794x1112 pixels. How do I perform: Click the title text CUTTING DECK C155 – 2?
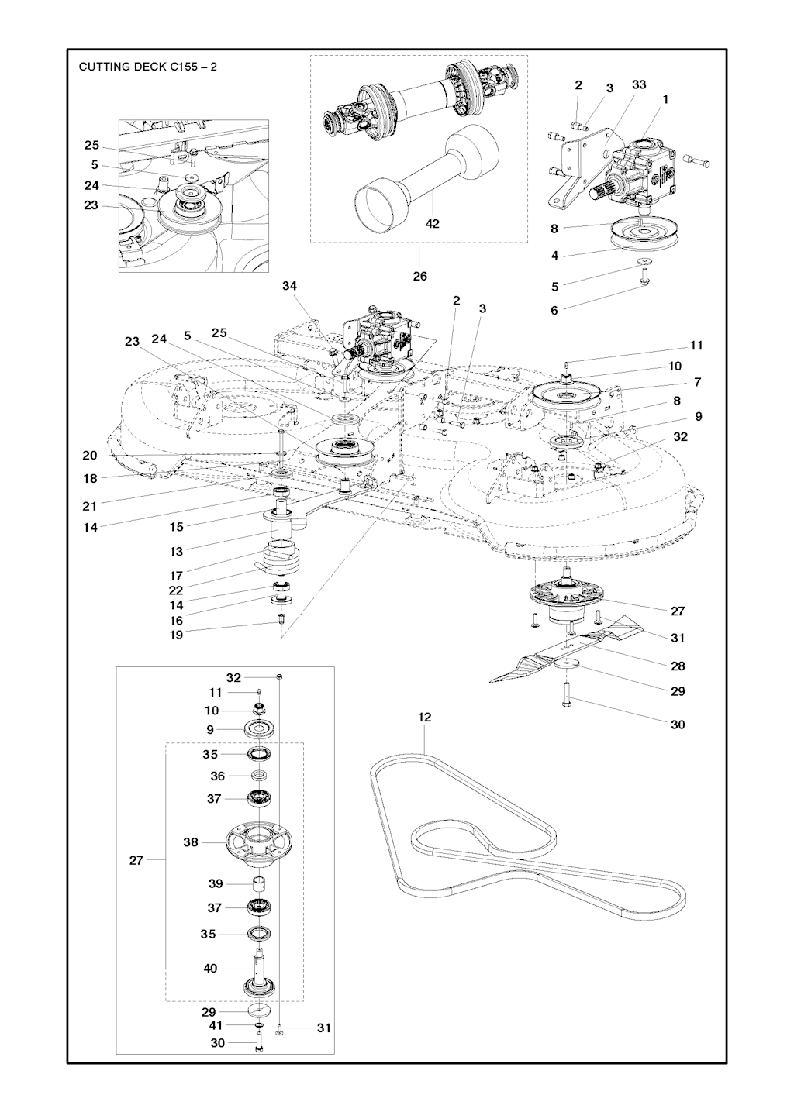147,67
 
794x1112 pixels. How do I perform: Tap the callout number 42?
433,224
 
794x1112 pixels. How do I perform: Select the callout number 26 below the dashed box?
419,276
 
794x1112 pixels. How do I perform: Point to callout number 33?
639,84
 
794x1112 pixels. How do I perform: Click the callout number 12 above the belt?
424,717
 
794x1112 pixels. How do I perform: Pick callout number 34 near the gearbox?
289,286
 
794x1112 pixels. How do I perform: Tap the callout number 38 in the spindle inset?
191,842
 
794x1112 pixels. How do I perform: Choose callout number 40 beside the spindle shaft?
210,969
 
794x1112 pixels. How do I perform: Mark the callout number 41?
216,1025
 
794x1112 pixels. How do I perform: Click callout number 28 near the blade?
678,666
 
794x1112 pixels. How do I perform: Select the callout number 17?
176,576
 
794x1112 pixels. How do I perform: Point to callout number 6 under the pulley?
554,310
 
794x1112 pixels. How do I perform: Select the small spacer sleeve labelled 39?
258,883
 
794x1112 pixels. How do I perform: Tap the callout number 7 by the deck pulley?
698,382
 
